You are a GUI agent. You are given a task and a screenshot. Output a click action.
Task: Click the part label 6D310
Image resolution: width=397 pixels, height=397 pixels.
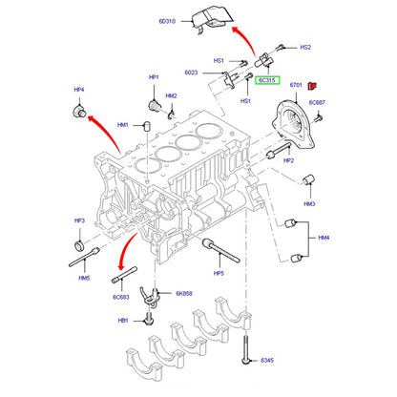click(x=167, y=21)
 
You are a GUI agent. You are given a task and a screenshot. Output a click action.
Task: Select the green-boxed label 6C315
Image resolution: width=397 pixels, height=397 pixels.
click(x=267, y=80)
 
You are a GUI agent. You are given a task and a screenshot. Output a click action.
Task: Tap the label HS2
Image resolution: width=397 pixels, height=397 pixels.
click(x=305, y=47)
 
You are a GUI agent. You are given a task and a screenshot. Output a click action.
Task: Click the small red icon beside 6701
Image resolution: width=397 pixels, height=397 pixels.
click(x=312, y=86)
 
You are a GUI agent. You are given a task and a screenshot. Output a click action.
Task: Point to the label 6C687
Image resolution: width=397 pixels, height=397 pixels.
click(x=317, y=102)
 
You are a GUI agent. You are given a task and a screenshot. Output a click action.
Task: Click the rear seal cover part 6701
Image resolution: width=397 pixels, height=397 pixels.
click(x=293, y=124)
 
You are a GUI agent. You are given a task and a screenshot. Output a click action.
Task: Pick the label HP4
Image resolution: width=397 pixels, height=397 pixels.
click(x=79, y=90)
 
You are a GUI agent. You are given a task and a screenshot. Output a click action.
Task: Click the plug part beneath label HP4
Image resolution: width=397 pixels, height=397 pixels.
click(x=79, y=111)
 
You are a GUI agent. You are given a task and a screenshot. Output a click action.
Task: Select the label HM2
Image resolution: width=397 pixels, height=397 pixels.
click(x=171, y=95)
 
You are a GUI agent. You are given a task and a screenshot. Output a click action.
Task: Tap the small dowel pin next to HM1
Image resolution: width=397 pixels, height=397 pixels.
click(x=147, y=126)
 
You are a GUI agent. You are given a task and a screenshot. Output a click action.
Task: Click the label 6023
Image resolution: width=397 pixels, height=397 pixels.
click(x=191, y=73)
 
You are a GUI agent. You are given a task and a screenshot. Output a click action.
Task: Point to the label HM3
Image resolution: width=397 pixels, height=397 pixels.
click(x=309, y=203)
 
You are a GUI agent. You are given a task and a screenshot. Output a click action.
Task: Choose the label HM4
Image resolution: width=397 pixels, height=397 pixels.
click(x=324, y=238)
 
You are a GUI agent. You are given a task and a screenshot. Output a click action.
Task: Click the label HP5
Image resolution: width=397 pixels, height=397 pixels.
click(x=219, y=273)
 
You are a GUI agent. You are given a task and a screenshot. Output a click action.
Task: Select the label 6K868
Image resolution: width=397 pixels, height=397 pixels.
click(x=184, y=293)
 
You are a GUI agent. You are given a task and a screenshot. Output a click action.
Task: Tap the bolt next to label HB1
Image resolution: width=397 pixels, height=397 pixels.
click(x=148, y=320)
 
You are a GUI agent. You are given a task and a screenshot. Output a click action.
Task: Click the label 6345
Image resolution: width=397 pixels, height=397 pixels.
click(x=267, y=360)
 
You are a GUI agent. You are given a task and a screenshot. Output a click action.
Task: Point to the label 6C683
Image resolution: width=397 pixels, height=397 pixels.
click(x=121, y=297)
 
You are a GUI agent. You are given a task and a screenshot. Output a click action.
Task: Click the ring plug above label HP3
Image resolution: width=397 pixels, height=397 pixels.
click(x=79, y=245)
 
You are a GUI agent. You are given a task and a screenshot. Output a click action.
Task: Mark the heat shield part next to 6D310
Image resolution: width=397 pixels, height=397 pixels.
click(x=212, y=20)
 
